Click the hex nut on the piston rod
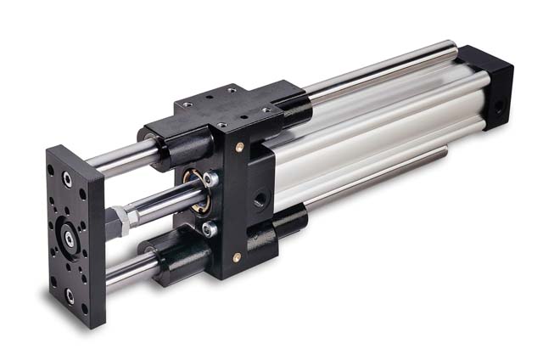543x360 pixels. pyautogui.click(x=121, y=220)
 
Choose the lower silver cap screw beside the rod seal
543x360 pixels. pyautogui.click(x=209, y=228)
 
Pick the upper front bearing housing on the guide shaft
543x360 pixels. pyautogui.click(x=161, y=145)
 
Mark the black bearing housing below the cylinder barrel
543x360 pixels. pyautogui.click(x=288, y=222)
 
